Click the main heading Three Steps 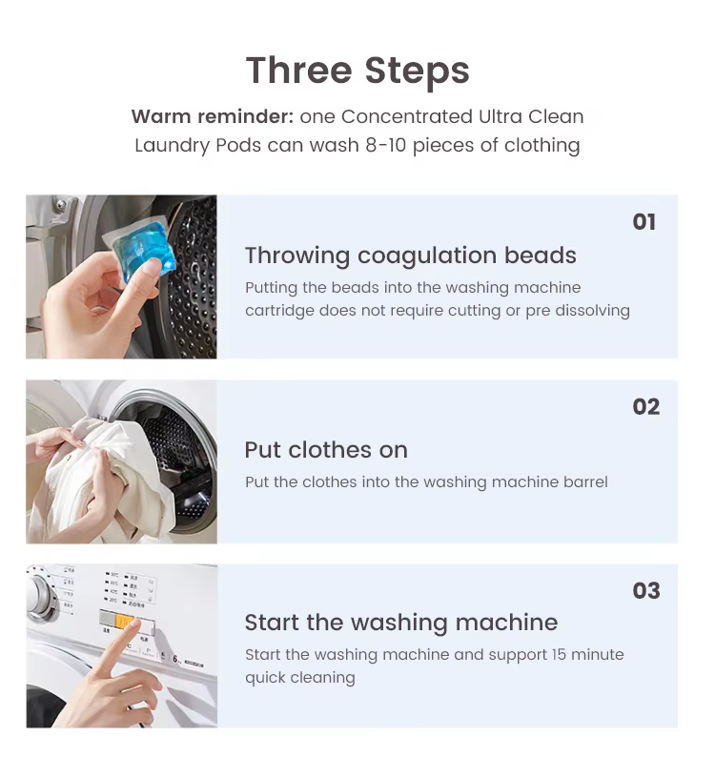[357, 71]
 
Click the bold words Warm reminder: [212, 117]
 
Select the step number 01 [644, 222]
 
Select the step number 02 [645, 407]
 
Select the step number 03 [645, 591]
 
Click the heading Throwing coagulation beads [410, 256]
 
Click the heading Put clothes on [326, 450]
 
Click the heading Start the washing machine [400, 623]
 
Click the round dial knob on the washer [39, 596]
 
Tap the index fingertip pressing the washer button [135, 630]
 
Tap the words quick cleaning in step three [299, 678]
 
